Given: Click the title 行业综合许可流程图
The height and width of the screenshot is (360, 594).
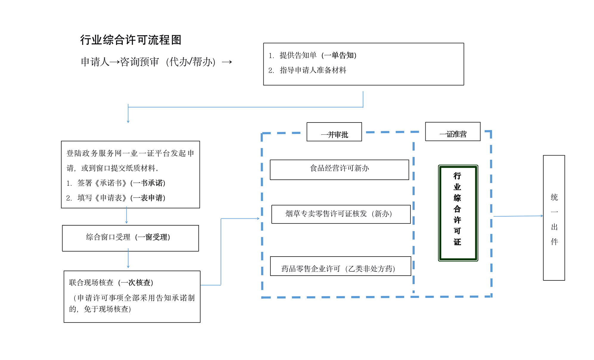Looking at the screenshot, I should [130, 40].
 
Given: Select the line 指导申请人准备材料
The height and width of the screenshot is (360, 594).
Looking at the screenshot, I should [312, 70].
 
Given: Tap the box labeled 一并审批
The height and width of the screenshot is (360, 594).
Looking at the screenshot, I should [334, 132].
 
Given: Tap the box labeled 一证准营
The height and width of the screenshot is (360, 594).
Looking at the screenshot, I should [453, 132].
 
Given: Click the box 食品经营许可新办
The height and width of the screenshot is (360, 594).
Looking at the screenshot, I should [339, 170].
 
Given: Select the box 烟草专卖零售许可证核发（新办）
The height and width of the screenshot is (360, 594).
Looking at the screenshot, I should [340, 214].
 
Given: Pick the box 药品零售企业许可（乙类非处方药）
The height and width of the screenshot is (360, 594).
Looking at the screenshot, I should [340, 266].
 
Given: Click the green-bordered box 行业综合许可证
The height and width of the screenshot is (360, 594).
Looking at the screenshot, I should [458, 213].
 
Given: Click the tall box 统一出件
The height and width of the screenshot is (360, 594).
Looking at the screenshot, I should [553, 218].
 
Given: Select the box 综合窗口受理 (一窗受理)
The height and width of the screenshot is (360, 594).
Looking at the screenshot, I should [130, 238].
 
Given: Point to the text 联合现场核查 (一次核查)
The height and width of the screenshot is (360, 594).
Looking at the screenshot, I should [111, 283].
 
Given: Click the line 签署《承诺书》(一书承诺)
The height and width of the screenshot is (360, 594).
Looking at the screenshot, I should [121, 183].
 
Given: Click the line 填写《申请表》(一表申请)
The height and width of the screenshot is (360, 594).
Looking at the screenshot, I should [121, 198].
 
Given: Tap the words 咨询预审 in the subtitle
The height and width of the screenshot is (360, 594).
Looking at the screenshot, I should [139, 62].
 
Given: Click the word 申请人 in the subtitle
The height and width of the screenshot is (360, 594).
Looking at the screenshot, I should [95, 62].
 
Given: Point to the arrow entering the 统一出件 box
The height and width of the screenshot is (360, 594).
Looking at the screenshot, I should [518, 216].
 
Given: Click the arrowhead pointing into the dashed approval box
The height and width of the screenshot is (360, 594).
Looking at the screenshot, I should [258, 218].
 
